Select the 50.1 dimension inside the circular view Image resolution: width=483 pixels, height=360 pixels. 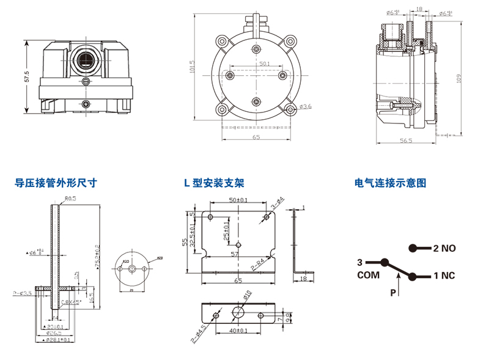[x=264, y=64]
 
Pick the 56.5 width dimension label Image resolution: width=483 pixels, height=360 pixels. [x=406, y=141]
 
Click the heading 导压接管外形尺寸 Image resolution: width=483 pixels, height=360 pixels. [x=56, y=183]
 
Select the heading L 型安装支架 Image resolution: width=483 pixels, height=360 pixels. [x=213, y=183]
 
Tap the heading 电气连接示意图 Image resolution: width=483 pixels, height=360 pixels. [x=390, y=183]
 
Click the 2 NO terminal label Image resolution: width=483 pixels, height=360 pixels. [x=444, y=249]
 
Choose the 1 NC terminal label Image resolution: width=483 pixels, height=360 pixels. [x=444, y=276]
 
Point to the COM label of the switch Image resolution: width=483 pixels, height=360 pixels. [x=369, y=275]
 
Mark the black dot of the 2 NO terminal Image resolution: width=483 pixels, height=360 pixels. [x=413, y=248]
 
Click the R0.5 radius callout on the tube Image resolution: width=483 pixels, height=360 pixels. [x=70, y=198]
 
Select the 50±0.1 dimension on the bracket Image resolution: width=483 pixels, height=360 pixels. [x=238, y=200]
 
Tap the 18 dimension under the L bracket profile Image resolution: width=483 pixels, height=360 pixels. [x=303, y=278]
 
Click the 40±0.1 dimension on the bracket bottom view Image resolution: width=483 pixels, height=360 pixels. [x=239, y=331]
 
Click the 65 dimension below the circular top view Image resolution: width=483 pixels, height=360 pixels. [x=256, y=138]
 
